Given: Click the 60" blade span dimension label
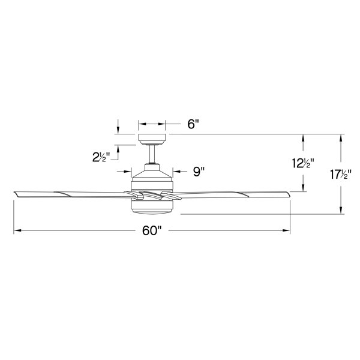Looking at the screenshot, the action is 152,230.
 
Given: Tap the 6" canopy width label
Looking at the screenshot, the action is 193,124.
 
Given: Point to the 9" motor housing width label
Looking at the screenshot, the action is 199,172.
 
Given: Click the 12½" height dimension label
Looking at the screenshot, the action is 303,163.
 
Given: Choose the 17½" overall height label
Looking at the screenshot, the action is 341,175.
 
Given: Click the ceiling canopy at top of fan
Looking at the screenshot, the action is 152,139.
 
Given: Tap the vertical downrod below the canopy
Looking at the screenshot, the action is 152,154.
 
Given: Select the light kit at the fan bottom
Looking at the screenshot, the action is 152,208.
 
